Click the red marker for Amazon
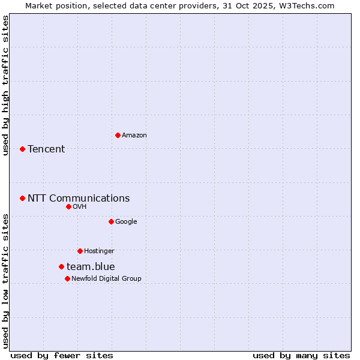point(118,135)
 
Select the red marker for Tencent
point(22,149)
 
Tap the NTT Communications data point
point(22,198)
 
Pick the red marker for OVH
point(68,206)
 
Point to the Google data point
point(111,221)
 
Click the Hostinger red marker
point(80,251)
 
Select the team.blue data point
point(61,266)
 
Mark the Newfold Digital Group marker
point(67,278)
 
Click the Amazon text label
point(134,136)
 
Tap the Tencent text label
point(46,149)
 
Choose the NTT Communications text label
point(79,199)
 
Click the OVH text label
point(80,207)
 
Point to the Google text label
point(126,222)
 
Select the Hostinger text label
point(99,251)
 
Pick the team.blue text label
point(91,267)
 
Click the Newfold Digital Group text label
point(106,279)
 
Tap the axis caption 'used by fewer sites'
point(62,355)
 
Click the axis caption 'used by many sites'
point(301,355)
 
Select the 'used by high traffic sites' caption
point(5,85)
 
